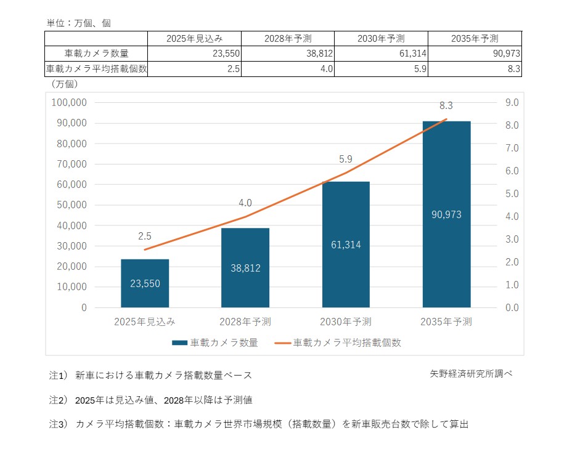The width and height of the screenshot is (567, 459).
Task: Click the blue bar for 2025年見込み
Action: pos(145,283)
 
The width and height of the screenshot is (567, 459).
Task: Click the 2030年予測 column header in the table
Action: pos(380,38)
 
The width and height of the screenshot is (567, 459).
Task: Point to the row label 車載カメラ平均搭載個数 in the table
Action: pos(97,69)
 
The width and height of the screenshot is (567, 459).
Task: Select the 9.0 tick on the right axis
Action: pos(512,102)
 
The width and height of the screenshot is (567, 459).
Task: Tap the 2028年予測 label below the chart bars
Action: pos(245,322)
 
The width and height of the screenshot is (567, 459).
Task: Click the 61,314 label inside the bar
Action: pos(346,245)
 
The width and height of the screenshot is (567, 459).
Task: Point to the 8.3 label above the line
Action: pos(446,106)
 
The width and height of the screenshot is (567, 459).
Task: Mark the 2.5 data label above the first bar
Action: pos(145,235)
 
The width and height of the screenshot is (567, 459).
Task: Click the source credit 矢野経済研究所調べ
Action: pos(471,374)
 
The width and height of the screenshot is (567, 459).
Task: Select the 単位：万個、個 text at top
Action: pos(79,23)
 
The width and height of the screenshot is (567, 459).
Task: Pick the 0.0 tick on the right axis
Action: pos(512,307)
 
